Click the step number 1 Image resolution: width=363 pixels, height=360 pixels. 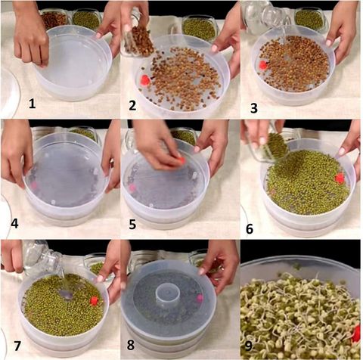[32, 104]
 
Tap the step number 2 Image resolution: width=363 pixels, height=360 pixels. [132, 105]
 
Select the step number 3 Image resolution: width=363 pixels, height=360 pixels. [254, 108]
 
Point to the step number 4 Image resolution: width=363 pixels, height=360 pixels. [14, 223]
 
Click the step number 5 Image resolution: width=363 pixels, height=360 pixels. [132, 224]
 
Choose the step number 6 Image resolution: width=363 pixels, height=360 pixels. [250, 228]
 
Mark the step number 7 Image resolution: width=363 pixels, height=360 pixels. [17, 346]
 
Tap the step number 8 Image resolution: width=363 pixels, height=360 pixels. [131, 345]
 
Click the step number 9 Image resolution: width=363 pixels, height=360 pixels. [248, 346]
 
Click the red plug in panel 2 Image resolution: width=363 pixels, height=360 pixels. [145, 79]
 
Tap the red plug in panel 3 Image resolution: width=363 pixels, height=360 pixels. [263, 65]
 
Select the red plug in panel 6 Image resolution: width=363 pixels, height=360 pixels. [340, 178]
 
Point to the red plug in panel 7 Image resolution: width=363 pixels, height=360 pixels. [94, 301]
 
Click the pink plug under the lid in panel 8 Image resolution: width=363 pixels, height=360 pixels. [200, 298]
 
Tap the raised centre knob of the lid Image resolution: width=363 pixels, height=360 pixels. [167, 293]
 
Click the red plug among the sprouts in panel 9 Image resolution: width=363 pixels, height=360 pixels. [356, 333]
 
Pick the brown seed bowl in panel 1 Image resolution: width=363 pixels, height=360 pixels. [54, 19]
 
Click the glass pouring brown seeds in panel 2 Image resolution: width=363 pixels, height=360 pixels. [138, 38]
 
